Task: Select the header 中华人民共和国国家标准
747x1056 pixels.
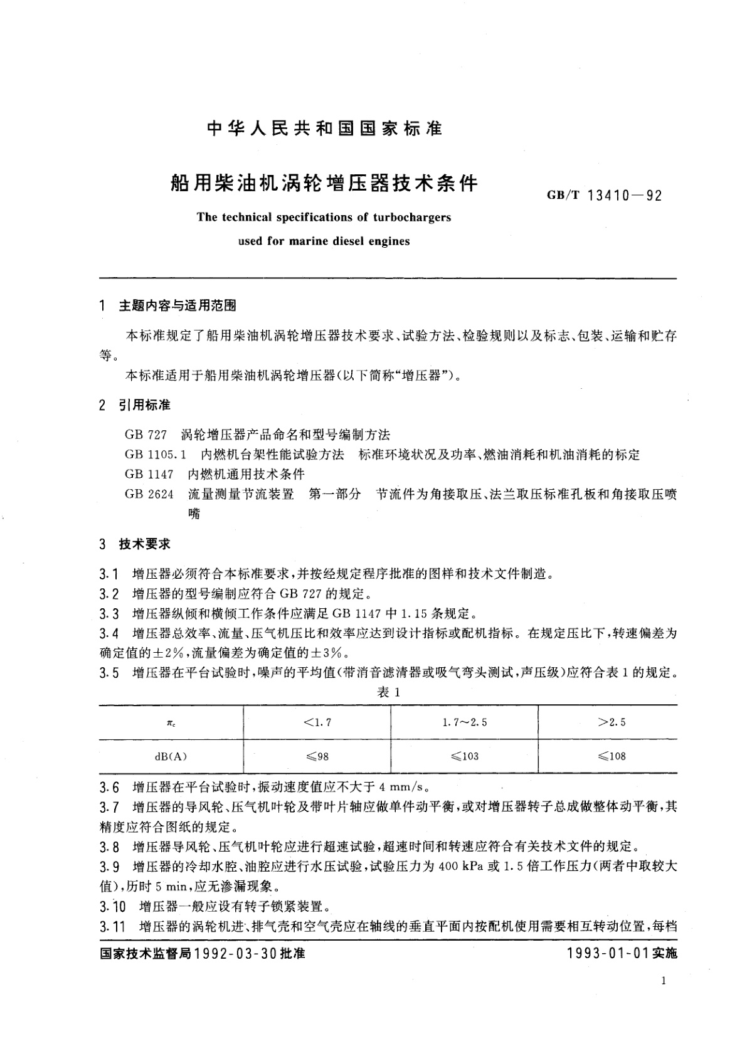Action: (x=324, y=129)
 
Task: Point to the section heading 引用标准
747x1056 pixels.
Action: (x=144, y=405)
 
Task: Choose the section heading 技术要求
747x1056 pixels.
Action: (x=144, y=544)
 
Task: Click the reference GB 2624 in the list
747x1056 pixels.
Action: (x=149, y=494)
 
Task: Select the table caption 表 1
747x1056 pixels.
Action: (x=388, y=692)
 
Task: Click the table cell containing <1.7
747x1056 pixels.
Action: (x=317, y=722)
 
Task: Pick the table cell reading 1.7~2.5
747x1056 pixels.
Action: (x=464, y=722)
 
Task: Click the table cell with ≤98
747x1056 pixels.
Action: (x=317, y=756)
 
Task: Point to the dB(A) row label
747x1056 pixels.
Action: (x=171, y=756)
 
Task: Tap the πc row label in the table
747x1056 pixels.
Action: (x=171, y=723)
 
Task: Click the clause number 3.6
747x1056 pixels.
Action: (x=109, y=788)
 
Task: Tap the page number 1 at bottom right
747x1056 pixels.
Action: (x=663, y=982)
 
